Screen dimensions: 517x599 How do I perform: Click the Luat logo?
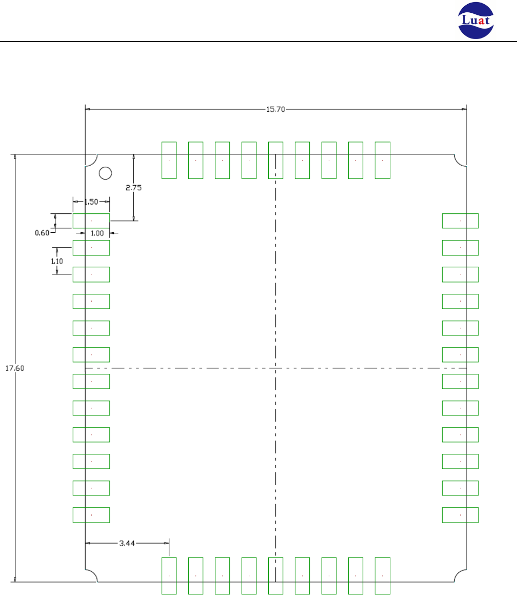click(476, 20)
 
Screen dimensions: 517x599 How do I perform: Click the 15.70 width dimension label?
click(275, 109)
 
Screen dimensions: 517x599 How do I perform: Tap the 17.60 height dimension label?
click(14, 368)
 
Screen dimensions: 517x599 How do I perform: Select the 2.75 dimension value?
click(134, 188)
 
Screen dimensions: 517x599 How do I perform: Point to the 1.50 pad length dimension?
click(91, 202)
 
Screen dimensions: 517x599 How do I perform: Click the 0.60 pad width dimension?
click(42, 233)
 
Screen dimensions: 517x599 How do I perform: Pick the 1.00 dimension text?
click(97, 233)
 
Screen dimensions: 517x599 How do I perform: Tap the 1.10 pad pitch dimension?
click(57, 262)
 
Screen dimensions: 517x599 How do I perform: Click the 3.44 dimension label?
click(127, 543)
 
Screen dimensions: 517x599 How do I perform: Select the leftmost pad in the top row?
click(169, 160)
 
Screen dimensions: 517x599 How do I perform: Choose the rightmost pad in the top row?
click(383, 160)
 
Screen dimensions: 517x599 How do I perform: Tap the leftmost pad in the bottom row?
click(169, 576)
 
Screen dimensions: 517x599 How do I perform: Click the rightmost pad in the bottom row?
click(383, 576)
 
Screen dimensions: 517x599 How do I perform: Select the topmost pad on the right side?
click(461, 221)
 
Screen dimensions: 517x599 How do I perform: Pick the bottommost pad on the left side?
click(91, 515)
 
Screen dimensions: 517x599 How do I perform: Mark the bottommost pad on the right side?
click(461, 515)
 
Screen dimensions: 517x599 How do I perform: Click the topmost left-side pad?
click(91, 221)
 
